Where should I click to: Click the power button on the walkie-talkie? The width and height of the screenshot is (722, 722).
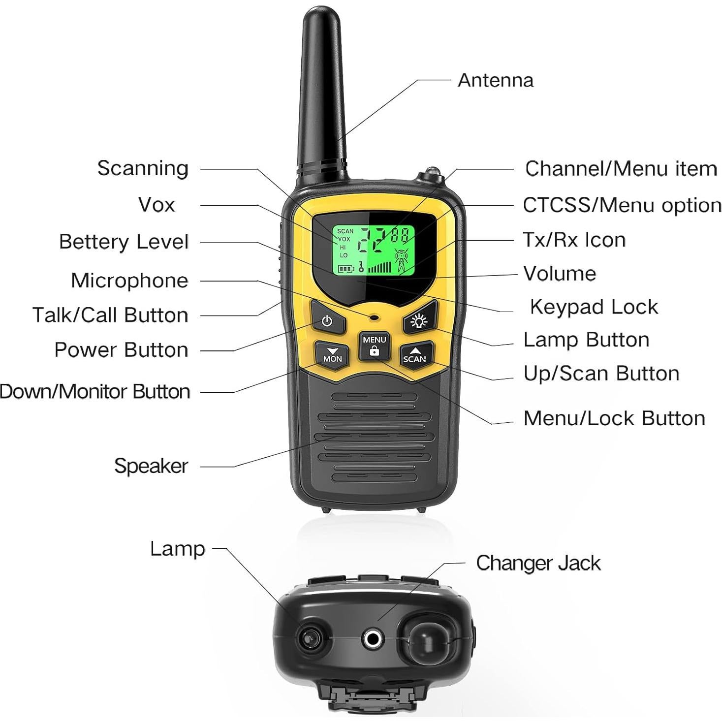coord(327,321)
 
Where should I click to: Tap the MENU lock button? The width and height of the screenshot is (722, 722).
coord(374,345)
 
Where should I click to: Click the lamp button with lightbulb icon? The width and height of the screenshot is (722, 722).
coord(419,321)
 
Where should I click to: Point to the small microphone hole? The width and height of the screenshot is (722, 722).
coord(375,317)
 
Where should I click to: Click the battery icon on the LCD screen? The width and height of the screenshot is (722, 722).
coord(345,269)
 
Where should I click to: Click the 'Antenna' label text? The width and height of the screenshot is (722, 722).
coord(495,80)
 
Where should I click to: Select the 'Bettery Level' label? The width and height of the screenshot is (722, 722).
coord(124,242)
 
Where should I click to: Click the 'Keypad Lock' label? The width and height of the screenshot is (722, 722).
coord(594,307)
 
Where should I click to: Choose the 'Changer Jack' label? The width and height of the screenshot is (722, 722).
coord(538,564)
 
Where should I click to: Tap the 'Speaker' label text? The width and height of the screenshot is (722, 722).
coord(151,466)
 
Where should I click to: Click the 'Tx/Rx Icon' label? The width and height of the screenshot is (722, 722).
coord(574,240)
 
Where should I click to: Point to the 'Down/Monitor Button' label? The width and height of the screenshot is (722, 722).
coord(95,392)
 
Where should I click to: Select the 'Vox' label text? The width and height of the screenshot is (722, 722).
coord(156,205)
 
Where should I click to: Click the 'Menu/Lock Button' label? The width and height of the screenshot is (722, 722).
coord(614,418)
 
